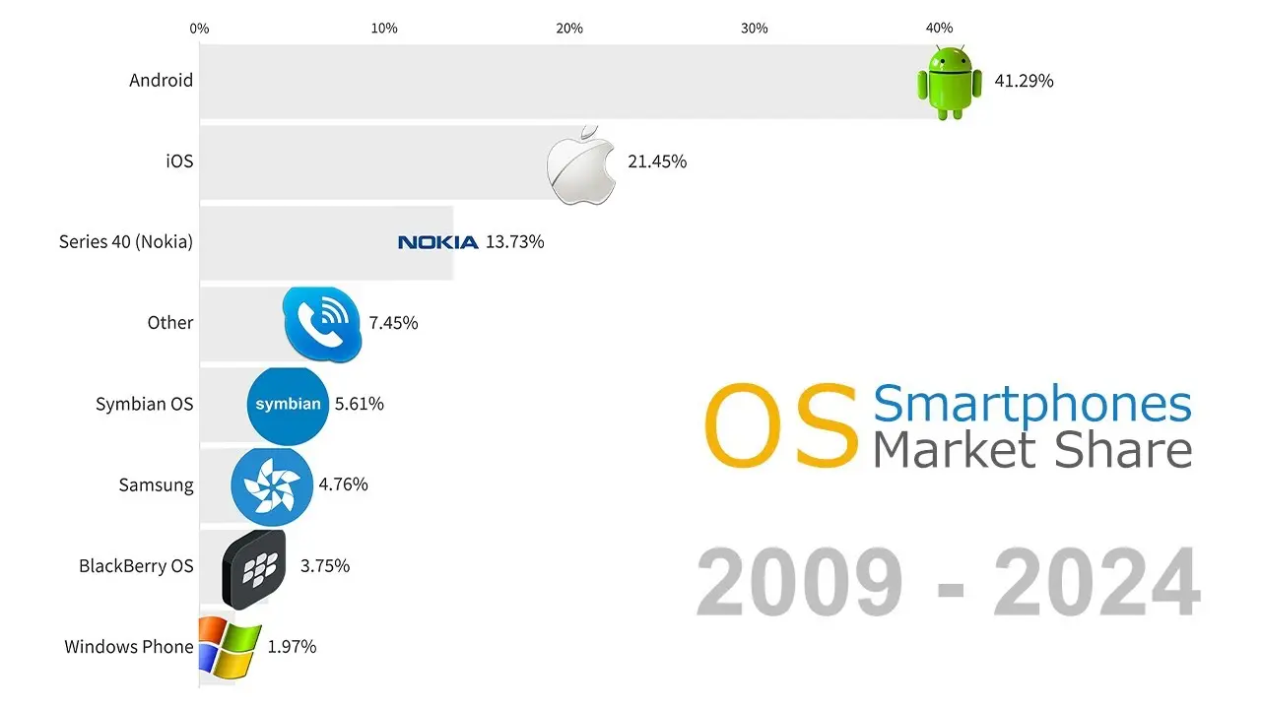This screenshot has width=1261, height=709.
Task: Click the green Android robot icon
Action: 950,82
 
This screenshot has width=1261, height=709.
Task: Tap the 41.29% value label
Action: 1024,81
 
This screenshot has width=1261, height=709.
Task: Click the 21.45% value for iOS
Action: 657,162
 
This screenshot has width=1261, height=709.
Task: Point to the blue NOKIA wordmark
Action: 438,242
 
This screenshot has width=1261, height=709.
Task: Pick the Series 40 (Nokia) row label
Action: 126,242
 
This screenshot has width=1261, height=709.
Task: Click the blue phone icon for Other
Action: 322,324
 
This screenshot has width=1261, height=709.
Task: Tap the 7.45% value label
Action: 393,323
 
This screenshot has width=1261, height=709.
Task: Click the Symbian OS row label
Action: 144,404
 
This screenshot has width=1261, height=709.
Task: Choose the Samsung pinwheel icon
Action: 272,486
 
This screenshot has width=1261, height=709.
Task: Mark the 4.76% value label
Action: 344,484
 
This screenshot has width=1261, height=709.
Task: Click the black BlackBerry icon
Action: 254,569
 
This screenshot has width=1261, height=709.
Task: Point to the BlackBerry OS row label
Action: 136,566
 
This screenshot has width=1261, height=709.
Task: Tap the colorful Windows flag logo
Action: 230,648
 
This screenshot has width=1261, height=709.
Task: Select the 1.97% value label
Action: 292,647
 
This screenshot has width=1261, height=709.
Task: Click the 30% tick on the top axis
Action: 755,29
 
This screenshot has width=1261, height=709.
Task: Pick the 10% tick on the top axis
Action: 384,29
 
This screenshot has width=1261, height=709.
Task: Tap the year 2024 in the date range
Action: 1097,582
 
